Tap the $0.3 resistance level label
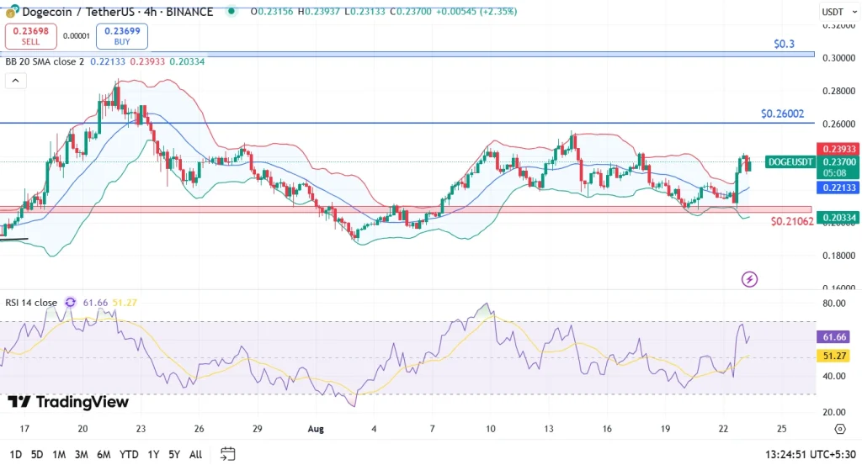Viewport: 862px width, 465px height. [x=784, y=44]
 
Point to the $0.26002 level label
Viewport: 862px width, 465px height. [x=782, y=113]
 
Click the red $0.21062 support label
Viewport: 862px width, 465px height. [x=791, y=221]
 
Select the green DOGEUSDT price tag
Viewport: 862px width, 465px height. [x=790, y=161]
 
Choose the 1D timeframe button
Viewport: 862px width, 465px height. [x=14, y=454]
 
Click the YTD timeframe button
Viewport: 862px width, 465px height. [x=129, y=454]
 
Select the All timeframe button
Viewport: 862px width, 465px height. [x=195, y=454]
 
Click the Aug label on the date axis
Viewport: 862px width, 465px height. [x=316, y=428]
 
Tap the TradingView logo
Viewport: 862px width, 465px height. [x=68, y=402]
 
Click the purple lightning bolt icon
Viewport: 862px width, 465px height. [x=749, y=279]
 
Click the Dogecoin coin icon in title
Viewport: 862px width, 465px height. [x=12, y=12]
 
